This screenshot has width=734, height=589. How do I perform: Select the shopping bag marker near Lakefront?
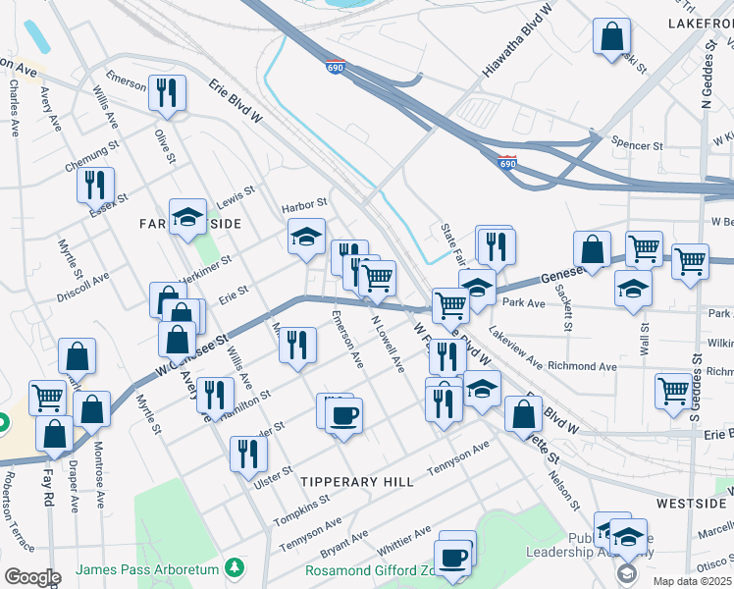tap(611, 36)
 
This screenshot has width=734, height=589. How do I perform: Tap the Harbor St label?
tap(303, 205)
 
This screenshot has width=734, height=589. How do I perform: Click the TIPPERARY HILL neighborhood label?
tap(350, 481)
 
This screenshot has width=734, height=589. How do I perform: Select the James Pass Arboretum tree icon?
tap(234, 566)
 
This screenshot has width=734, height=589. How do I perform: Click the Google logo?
tap(31, 577)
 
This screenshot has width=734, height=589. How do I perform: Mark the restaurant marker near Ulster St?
tap(248, 453)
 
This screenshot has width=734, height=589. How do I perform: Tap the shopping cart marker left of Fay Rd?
tap(46, 398)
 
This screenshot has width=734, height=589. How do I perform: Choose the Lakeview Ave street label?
tap(515, 348)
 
